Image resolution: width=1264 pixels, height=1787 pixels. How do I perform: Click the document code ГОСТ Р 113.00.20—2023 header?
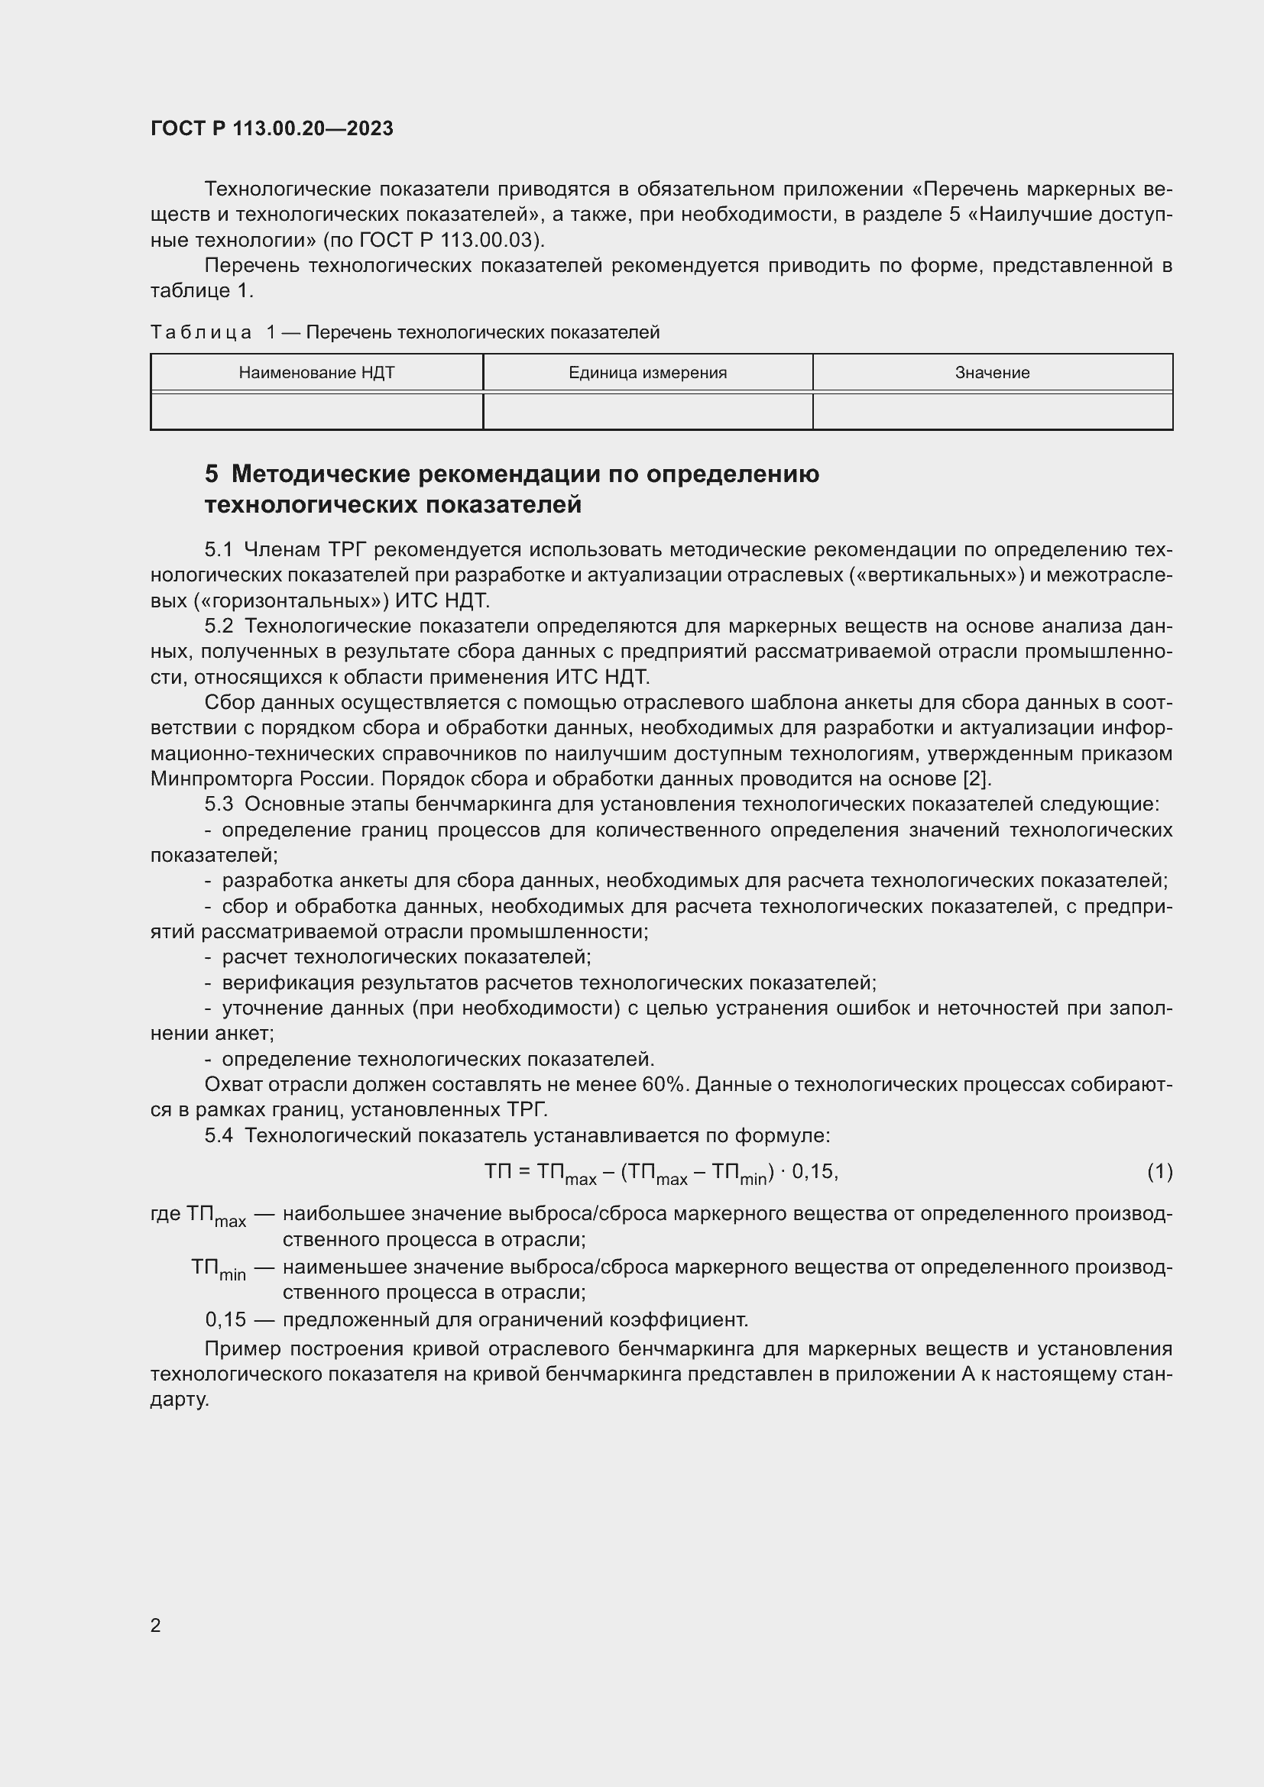click(271, 128)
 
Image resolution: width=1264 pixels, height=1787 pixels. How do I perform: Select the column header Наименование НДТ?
click(316, 373)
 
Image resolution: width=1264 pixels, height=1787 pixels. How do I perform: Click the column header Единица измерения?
click(647, 373)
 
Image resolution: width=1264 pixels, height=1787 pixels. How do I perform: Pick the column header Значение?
click(993, 373)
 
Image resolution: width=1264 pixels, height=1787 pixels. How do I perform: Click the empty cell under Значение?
click(993, 411)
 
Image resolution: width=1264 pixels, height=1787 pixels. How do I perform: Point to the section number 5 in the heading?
click(212, 474)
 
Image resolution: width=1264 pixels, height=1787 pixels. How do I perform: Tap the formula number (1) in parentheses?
click(1159, 1171)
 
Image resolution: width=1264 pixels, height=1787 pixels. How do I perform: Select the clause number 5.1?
click(219, 550)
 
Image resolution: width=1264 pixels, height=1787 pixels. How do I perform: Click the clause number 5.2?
click(219, 626)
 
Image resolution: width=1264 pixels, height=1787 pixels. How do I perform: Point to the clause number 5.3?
click(219, 804)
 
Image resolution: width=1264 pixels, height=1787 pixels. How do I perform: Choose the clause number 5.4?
click(219, 1135)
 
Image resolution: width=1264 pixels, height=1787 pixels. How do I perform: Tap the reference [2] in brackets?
click(977, 779)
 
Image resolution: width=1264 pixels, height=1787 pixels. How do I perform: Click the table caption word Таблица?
click(201, 333)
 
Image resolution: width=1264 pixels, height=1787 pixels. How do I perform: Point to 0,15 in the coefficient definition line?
click(225, 1320)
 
